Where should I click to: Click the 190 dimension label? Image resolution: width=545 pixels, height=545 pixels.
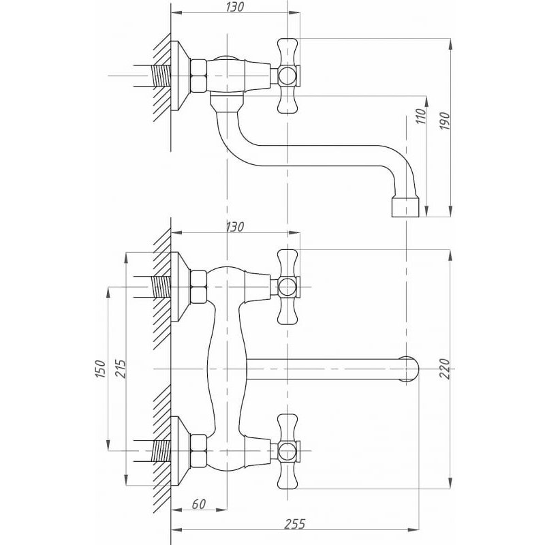446,121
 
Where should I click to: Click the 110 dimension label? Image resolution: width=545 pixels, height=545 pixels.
420,116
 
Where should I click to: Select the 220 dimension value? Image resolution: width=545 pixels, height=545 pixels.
445,369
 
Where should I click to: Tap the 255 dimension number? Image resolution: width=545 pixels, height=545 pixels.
295,523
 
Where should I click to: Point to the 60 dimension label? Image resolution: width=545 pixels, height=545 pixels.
198,503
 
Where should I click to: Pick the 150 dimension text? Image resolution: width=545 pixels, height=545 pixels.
99,369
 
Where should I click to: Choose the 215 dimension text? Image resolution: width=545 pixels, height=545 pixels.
121,369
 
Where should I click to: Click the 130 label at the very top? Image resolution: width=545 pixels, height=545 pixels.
235,7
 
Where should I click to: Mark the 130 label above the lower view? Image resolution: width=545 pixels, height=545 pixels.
235,227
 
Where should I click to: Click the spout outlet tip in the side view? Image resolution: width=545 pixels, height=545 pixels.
405,208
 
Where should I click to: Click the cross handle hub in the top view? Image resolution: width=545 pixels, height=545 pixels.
287,76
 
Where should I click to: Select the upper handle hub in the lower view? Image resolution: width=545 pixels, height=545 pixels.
287,287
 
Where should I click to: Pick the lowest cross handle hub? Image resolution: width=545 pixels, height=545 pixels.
287,451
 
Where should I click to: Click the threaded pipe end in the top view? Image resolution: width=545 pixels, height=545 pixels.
161,76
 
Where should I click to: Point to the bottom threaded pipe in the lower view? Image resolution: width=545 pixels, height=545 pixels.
161,451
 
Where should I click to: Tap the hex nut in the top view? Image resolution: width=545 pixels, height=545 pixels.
199,76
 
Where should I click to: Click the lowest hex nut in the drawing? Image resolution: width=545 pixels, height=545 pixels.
199,451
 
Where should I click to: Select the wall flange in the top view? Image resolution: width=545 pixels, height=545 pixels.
180,76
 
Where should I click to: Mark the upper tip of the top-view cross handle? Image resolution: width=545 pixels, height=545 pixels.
287,40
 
